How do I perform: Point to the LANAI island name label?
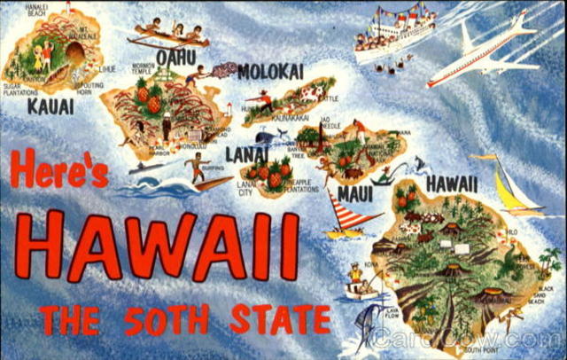click(x=245, y=154)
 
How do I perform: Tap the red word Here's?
click(x=59, y=168)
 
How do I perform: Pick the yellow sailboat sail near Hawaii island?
click(x=510, y=188)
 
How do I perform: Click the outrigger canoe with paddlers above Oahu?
click(x=167, y=35)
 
